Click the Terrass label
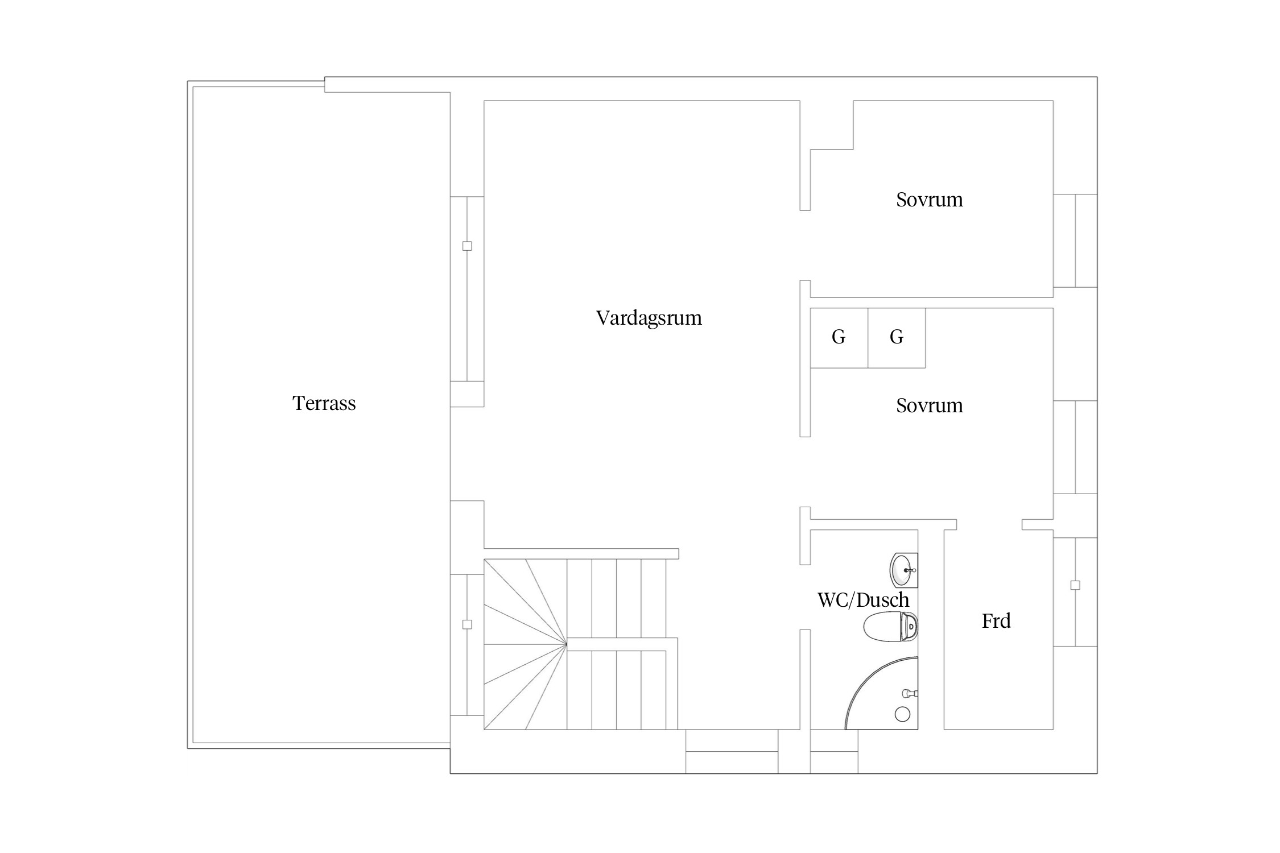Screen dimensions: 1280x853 pos(324,403)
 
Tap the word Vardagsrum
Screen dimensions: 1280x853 pos(649,318)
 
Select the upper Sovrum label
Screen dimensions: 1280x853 pos(930,200)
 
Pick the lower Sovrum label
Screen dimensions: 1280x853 pos(930,405)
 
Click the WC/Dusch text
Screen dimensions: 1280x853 pos(864,600)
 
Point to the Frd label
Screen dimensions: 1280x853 pos(996,621)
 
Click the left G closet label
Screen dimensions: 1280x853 pos(839,337)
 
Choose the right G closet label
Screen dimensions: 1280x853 pos(897,337)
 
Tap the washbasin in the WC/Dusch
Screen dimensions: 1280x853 pos(904,570)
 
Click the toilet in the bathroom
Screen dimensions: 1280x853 pos(891,627)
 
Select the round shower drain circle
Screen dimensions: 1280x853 pos(902,714)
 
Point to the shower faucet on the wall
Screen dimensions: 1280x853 pos(911,693)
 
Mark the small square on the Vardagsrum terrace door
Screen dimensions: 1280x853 pos(467,246)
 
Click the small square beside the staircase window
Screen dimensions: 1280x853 pos(467,624)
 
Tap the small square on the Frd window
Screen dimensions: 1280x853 pos(1075,585)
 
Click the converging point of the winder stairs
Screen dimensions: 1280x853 pos(567,644)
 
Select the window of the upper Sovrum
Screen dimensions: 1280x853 pos(1075,241)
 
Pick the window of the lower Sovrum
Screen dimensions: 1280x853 pos(1075,447)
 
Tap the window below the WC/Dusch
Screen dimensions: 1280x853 pos(834,751)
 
